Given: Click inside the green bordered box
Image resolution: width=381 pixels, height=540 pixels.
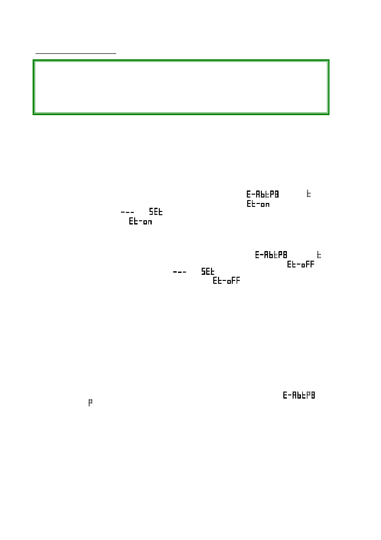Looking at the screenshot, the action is click(181, 87).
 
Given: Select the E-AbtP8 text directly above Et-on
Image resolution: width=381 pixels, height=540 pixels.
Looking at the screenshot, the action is click(263, 194).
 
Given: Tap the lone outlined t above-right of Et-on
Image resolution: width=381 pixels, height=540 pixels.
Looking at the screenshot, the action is click(309, 194).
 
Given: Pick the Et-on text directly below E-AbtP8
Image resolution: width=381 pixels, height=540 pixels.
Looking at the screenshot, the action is click(258, 204).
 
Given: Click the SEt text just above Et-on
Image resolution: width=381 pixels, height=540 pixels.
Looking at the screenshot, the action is click(156, 212).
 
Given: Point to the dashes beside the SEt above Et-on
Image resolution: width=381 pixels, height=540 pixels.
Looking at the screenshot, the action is click(127, 212).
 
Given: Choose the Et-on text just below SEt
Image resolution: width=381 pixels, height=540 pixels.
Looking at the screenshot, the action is click(141, 222).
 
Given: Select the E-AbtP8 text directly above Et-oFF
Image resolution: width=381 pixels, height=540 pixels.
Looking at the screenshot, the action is click(271, 255).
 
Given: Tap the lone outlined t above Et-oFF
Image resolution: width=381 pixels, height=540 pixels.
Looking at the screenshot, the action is click(319, 255).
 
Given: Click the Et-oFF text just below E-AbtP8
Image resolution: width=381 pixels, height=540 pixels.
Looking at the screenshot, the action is click(301, 265).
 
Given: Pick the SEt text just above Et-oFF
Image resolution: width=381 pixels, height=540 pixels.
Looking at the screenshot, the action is click(208, 272).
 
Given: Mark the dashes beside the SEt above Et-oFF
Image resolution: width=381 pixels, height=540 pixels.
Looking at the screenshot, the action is click(180, 272).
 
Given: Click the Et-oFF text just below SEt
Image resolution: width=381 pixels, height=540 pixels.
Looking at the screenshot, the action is click(226, 281).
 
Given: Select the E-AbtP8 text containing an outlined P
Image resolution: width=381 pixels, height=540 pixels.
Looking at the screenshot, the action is click(299, 395).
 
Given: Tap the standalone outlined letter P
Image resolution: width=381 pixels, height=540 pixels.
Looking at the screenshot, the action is click(90, 403).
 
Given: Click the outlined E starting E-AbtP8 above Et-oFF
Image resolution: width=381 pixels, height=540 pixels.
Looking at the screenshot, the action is click(257, 255).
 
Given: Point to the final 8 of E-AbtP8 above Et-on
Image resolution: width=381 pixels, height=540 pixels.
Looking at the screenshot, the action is click(277, 194).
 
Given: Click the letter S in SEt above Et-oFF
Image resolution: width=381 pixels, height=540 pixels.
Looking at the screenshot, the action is click(204, 272).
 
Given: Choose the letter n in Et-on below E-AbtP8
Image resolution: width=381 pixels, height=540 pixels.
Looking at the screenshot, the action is click(267, 205).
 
